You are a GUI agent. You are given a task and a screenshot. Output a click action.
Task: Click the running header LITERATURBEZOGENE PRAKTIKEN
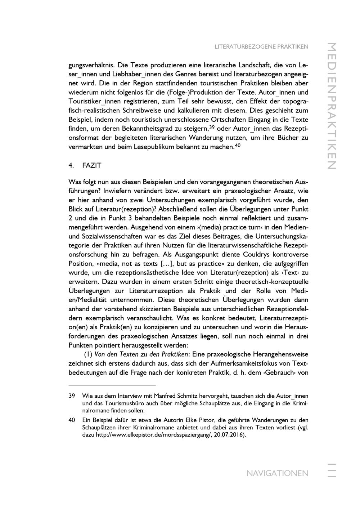coord(261,47)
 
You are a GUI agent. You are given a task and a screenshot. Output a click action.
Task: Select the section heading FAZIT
coord(92,165)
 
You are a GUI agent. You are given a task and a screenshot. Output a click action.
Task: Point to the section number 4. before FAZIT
coord(71,165)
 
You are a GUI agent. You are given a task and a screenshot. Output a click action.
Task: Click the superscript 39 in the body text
coord(212,127)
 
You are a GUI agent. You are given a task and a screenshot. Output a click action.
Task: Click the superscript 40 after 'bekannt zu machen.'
coord(238,145)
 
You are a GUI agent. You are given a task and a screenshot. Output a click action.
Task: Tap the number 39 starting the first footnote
coord(72,396)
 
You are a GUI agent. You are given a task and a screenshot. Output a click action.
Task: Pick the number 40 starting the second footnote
coord(72,420)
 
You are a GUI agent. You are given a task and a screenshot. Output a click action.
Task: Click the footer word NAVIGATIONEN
coord(277,473)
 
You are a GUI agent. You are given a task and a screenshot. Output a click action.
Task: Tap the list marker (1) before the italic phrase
coord(88,354)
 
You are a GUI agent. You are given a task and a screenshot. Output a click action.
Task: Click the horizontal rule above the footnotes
coord(112,385)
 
